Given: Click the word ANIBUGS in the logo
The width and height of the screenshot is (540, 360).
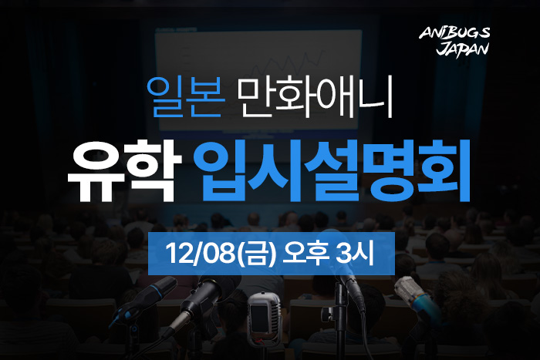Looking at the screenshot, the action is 454,33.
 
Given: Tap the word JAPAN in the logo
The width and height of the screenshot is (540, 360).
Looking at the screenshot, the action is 463,49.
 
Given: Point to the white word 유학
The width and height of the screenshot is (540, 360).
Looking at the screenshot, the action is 124,170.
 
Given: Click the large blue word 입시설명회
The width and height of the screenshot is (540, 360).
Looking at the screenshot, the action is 332,170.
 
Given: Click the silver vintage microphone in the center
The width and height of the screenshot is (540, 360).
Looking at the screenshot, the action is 264,318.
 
